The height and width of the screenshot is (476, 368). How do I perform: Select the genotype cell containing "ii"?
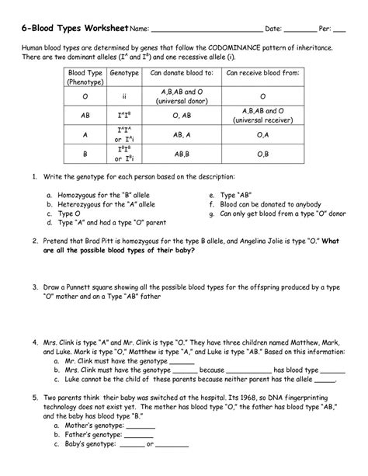(x=124, y=96)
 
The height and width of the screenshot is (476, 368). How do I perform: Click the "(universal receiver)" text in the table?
(x=261, y=120)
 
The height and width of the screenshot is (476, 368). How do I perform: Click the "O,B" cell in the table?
(x=261, y=155)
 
